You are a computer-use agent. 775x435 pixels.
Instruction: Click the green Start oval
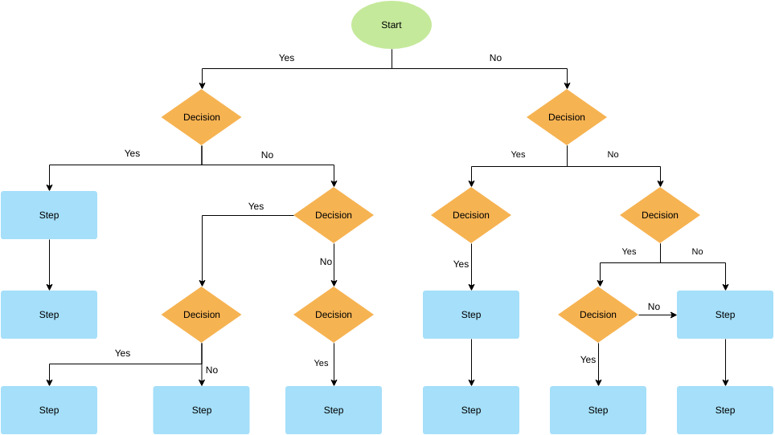[x=392, y=25]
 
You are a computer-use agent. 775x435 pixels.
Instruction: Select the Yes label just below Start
[x=286, y=58]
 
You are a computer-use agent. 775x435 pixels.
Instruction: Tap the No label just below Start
[x=495, y=58]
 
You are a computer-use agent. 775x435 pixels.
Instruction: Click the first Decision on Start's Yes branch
[x=201, y=117]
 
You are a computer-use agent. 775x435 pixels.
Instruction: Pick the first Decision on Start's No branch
[x=567, y=117]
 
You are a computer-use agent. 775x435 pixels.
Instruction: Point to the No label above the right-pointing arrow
[x=654, y=307]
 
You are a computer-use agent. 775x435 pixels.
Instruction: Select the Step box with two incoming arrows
[x=725, y=315]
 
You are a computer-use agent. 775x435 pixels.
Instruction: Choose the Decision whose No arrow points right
[x=598, y=315]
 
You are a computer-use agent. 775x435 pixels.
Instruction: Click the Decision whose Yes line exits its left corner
[x=334, y=215]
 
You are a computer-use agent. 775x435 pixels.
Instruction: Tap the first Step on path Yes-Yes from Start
[x=49, y=215]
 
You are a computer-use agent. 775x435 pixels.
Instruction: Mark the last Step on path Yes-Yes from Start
[x=49, y=315]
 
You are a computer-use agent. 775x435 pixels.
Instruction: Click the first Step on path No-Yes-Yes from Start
[x=471, y=315]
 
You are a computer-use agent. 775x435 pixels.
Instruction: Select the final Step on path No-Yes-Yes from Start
[x=471, y=410]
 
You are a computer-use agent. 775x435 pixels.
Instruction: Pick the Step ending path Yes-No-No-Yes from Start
[x=334, y=410]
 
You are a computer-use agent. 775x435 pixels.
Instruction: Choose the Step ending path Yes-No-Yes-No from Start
[x=201, y=410]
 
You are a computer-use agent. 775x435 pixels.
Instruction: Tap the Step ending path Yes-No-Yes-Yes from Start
[x=49, y=410]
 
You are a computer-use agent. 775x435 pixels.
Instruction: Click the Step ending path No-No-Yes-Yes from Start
[x=598, y=410]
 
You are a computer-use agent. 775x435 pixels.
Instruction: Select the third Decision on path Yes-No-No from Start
[x=334, y=315]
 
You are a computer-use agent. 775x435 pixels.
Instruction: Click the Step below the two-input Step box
[x=725, y=410]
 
